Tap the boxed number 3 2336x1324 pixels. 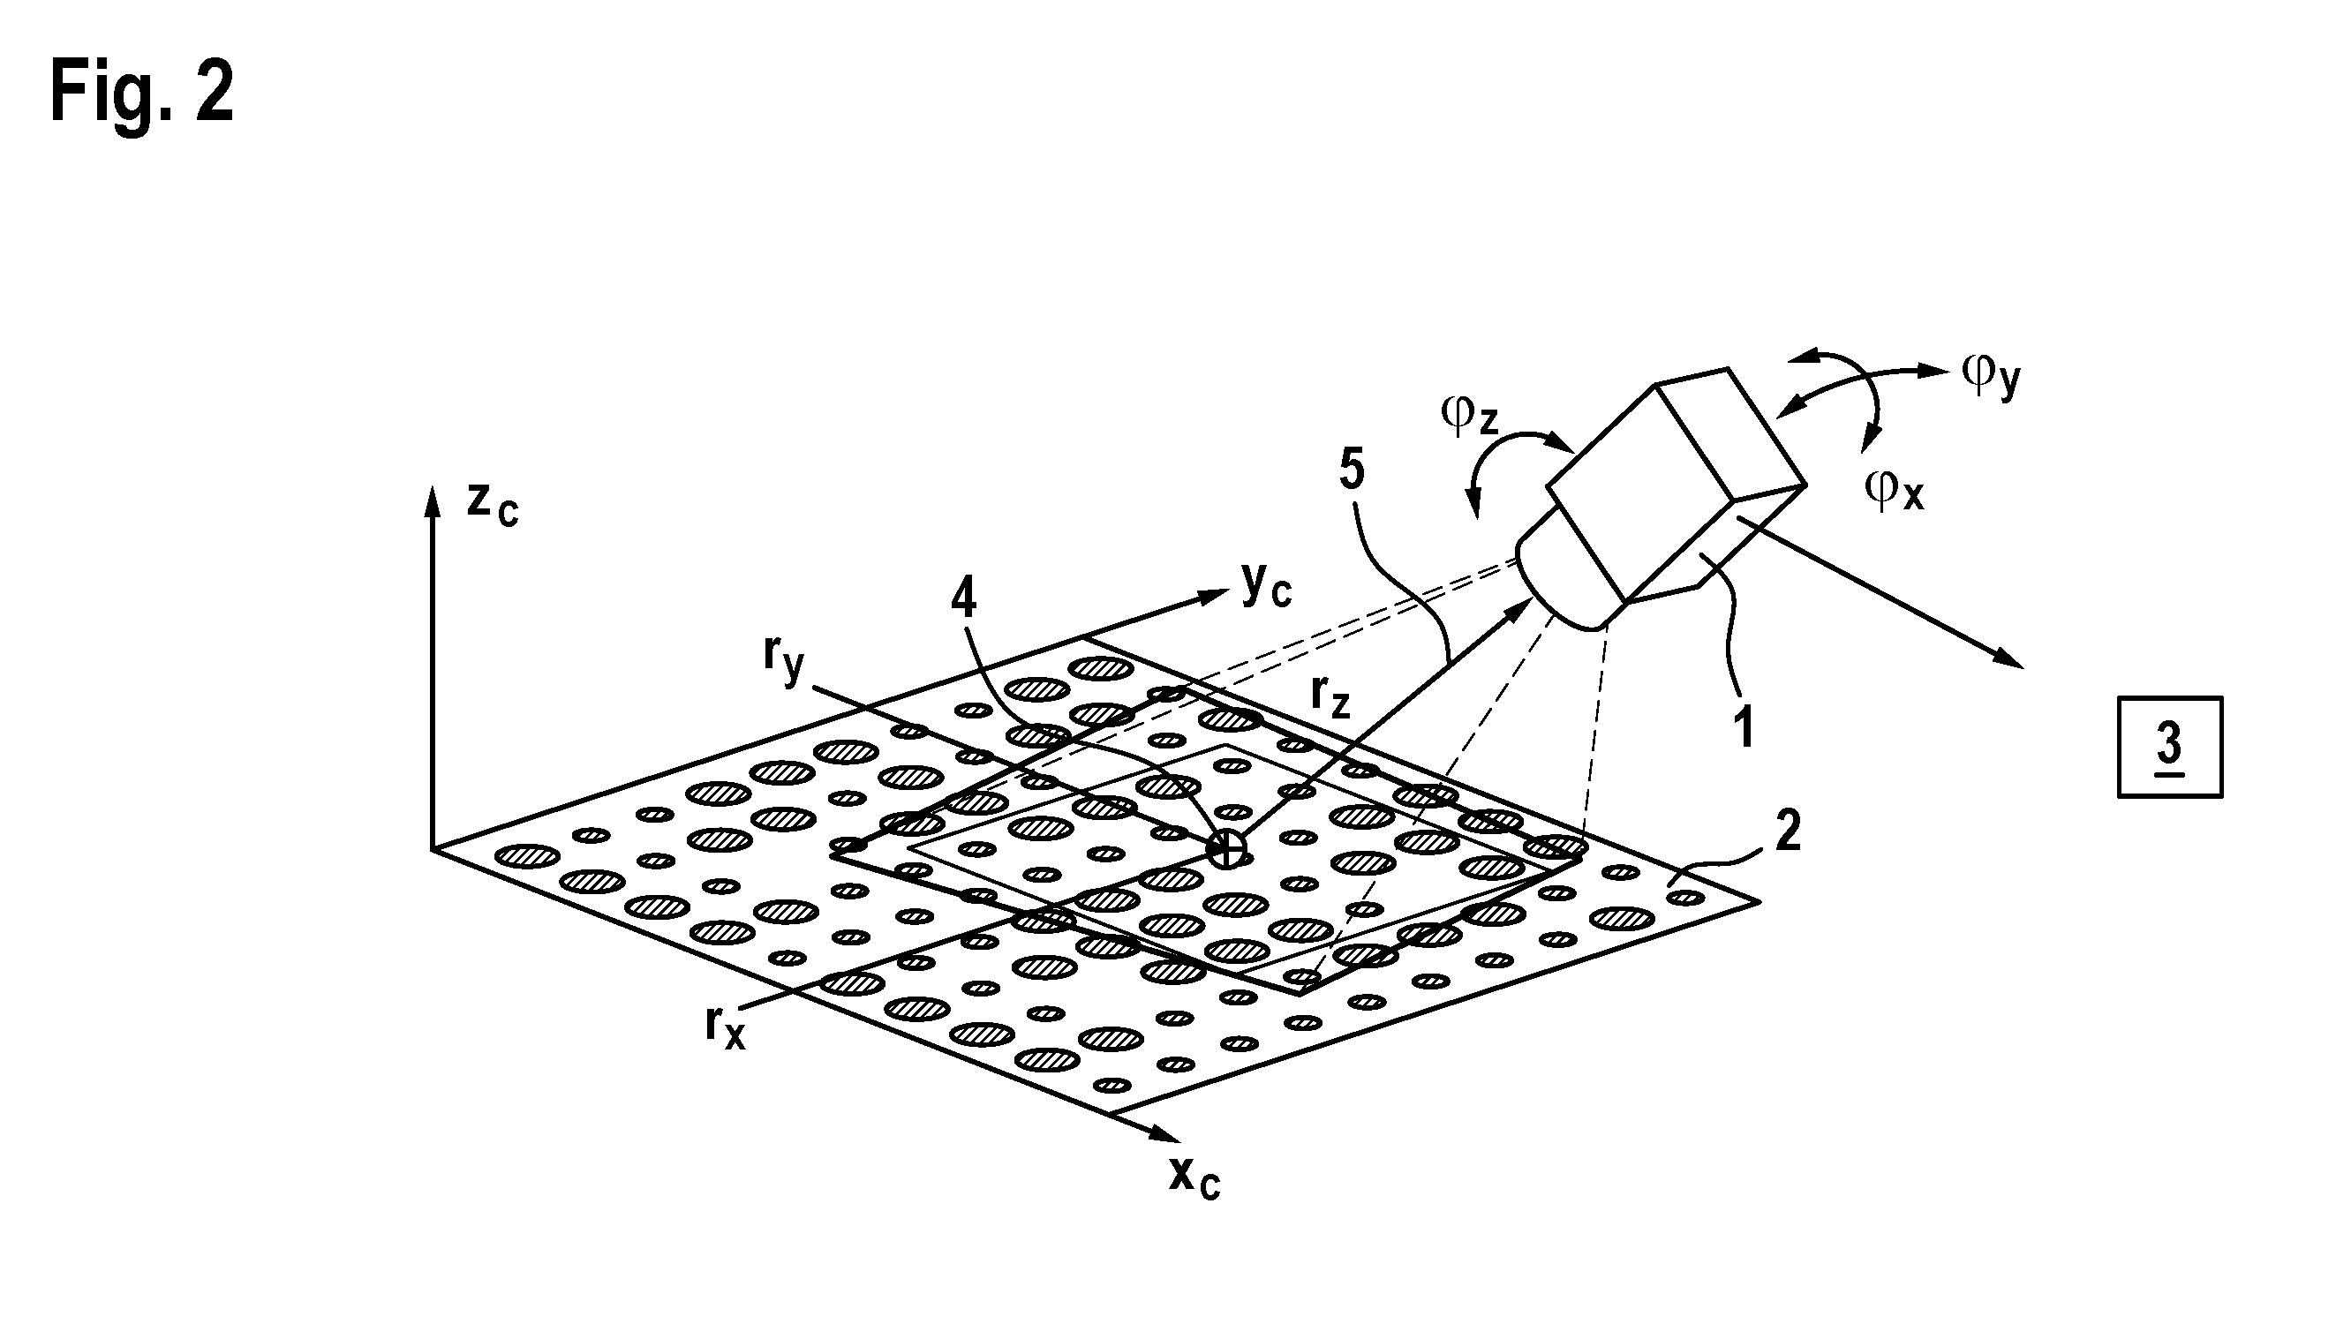coord(2170,748)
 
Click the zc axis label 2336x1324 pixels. coord(492,506)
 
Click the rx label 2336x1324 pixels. coord(725,1028)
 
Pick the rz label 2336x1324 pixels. coord(1330,697)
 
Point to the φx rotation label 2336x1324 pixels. coord(1894,489)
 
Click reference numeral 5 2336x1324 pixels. coord(1353,470)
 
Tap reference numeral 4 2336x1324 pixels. coord(963,598)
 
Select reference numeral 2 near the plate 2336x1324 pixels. coord(1788,831)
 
